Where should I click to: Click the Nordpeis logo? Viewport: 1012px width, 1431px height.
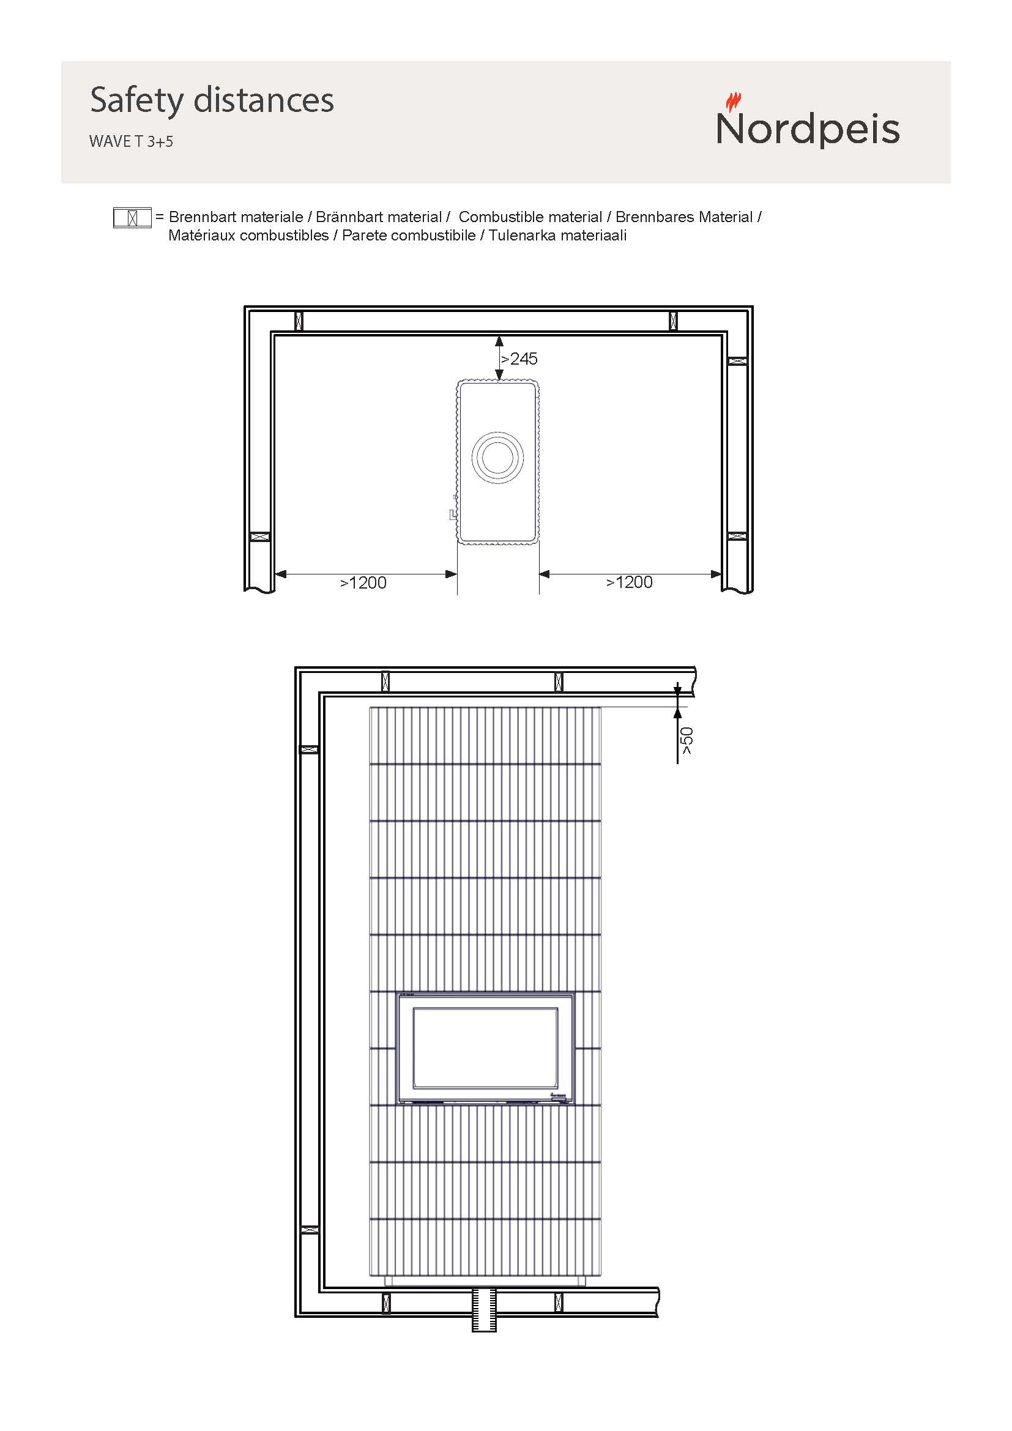coord(808,121)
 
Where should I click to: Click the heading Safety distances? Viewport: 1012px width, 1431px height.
coord(212,100)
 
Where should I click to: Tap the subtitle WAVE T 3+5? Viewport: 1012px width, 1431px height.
coord(131,141)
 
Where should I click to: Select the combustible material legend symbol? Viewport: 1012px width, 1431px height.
coord(132,218)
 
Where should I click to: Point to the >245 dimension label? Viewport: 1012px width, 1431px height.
coord(519,359)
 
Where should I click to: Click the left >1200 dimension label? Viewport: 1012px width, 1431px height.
coord(363,583)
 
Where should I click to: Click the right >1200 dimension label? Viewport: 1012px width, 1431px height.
coord(630,582)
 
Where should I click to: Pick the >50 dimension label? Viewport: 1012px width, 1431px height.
coord(686,740)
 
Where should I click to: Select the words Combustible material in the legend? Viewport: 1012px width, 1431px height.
coord(530,217)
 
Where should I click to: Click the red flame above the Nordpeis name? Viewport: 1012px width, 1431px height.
coord(734,102)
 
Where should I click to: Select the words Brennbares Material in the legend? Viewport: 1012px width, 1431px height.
coord(684,217)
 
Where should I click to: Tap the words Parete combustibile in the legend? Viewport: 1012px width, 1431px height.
coord(409,236)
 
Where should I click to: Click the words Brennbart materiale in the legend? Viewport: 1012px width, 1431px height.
coord(236,217)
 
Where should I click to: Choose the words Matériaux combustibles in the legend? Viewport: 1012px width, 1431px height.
coord(248,236)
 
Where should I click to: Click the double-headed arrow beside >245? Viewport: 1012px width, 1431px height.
coord(499,358)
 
